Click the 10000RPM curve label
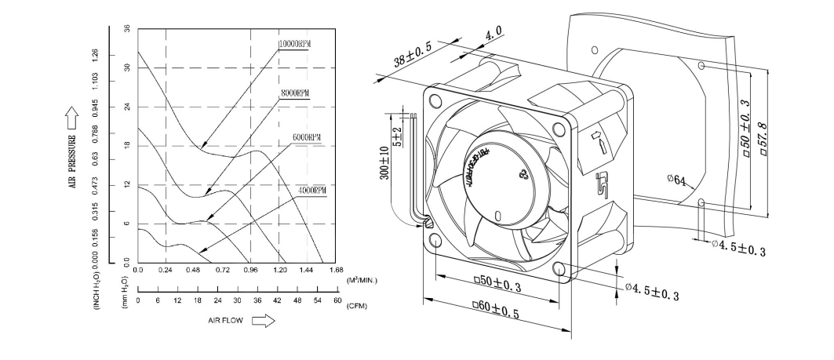[x=294, y=43]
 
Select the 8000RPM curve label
[x=294, y=93]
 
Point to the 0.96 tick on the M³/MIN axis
[x=250, y=270]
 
